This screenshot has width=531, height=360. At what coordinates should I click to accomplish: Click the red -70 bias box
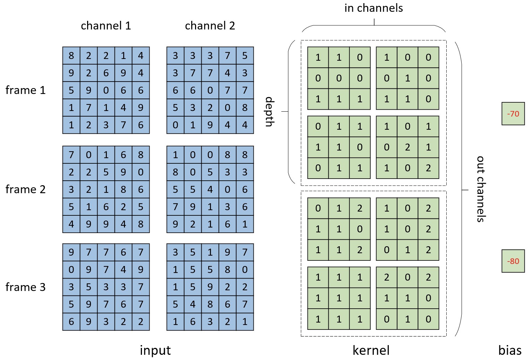coord(513,114)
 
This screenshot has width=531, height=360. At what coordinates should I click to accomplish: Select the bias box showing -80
coord(513,261)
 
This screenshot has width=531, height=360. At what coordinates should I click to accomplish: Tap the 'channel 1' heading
coord(106,26)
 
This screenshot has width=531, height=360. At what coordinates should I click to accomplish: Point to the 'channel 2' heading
coord(210,26)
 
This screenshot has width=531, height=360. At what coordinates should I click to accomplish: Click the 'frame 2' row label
coord(26,189)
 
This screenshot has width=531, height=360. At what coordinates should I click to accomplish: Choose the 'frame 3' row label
coord(26,287)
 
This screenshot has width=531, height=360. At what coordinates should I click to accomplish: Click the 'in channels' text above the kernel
coord(373,8)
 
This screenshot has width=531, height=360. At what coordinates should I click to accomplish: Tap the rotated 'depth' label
coord(269,112)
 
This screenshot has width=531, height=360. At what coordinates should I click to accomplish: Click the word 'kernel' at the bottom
coord(371,350)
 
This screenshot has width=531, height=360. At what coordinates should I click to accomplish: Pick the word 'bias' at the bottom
coord(510,350)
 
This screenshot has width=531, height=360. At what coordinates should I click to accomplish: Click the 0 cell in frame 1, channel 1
coord(106,90)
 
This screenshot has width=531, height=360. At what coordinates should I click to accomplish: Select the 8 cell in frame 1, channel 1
coord(71,55)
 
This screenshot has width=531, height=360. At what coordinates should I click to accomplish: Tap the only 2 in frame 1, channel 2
coord(210,108)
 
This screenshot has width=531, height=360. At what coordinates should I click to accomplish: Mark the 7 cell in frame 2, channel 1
coord(71,155)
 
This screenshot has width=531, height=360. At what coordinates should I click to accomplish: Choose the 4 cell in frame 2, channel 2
coord(210,189)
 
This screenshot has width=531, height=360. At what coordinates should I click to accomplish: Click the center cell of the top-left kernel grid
coord(339,78)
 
